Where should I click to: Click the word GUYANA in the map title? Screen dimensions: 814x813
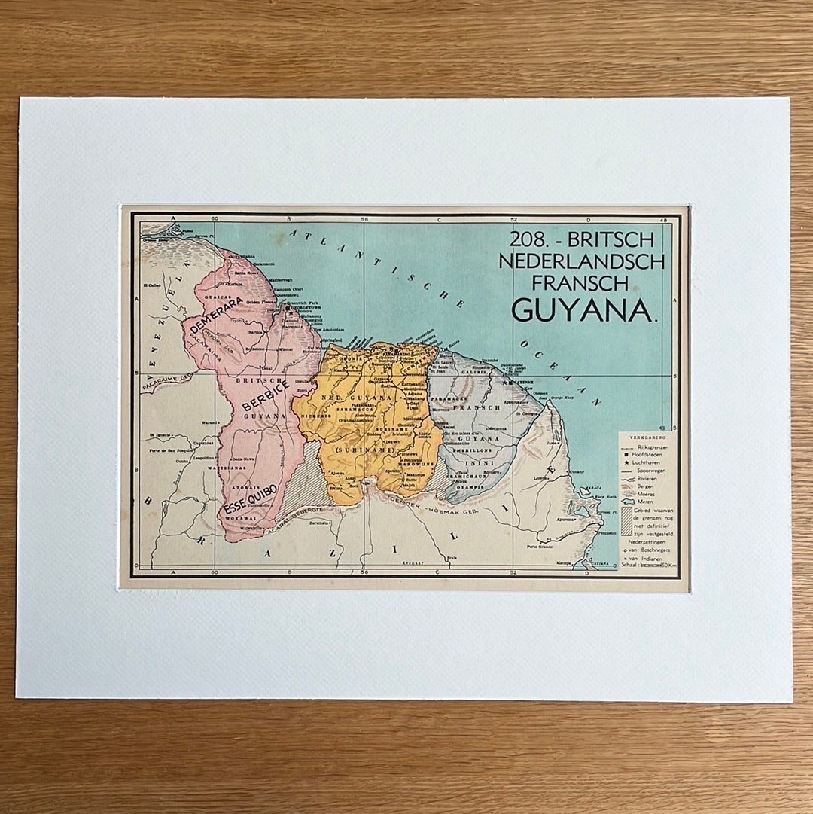[x=581, y=309]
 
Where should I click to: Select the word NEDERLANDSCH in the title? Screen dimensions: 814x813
[x=587, y=261]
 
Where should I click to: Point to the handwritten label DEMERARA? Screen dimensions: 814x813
[x=217, y=315]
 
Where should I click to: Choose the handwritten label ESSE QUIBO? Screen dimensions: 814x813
[x=251, y=499]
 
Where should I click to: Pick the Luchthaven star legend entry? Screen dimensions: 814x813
[x=649, y=462]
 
